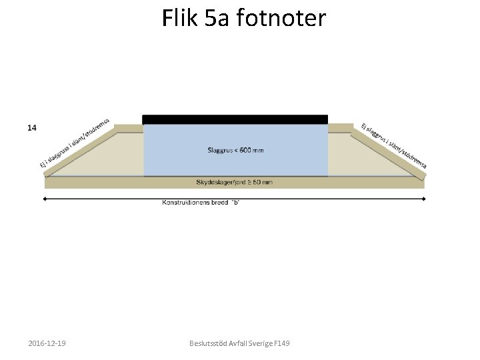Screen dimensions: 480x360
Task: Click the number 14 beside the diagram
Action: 31,127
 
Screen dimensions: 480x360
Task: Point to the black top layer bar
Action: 235,119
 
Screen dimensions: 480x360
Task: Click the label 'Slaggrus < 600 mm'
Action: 235,150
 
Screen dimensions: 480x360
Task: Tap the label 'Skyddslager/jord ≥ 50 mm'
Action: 234,182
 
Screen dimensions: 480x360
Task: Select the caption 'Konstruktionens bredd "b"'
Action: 200,202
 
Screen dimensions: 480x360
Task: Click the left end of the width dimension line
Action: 45,198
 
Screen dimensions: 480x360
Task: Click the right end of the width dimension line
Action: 423,198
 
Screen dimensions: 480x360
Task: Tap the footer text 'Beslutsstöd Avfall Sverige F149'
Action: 239,343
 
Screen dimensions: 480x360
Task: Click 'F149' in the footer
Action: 281,343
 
